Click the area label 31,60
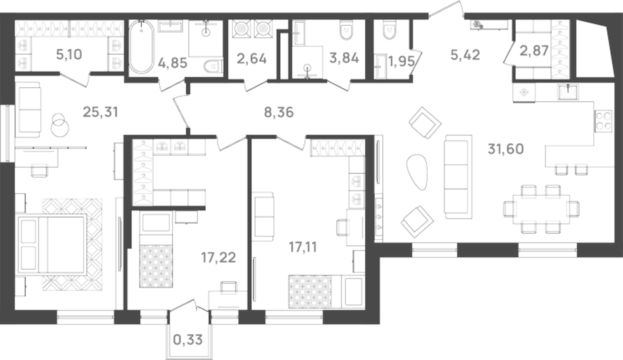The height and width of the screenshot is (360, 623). (x=505, y=149)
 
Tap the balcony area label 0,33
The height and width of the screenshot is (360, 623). (x=188, y=339)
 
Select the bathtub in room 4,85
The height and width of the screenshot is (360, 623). (x=141, y=47)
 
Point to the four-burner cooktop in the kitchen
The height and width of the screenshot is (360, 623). (x=603, y=121)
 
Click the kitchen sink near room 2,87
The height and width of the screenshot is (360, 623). (x=568, y=91)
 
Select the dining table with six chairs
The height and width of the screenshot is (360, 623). (x=541, y=209)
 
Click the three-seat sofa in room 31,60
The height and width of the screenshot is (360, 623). (x=458, y=177)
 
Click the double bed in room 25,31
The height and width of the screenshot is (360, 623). (x=52, y=244)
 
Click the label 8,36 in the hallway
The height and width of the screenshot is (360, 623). (x=278, y=112)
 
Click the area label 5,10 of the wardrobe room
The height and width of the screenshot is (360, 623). (x=69, y=55)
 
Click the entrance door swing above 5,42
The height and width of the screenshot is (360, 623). (x=446, y=9)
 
